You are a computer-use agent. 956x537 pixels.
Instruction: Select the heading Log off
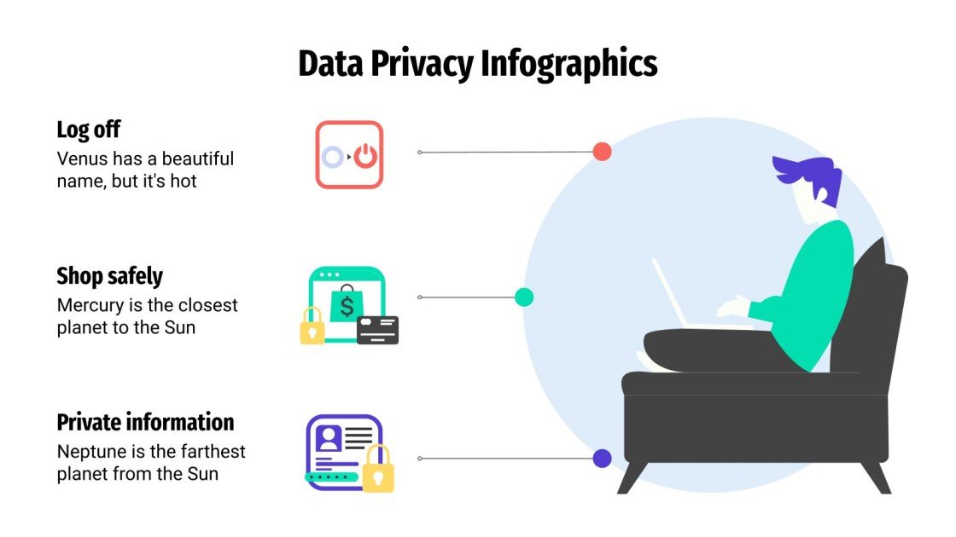tap(88, 130)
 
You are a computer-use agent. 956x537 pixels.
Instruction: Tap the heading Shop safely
tap(109, 276)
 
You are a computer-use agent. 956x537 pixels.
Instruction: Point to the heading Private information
tap(145, 422)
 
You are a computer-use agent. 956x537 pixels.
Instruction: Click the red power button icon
tap(365, 156)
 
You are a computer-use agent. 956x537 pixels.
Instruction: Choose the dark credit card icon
tap(377, 329)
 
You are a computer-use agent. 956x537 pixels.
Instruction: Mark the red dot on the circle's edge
tap(602, 153)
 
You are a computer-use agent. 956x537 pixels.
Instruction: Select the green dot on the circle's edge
tap(524, 297)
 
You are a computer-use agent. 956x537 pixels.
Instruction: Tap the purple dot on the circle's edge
tap(603, 459)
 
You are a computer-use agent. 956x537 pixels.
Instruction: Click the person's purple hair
tap(807, 174)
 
